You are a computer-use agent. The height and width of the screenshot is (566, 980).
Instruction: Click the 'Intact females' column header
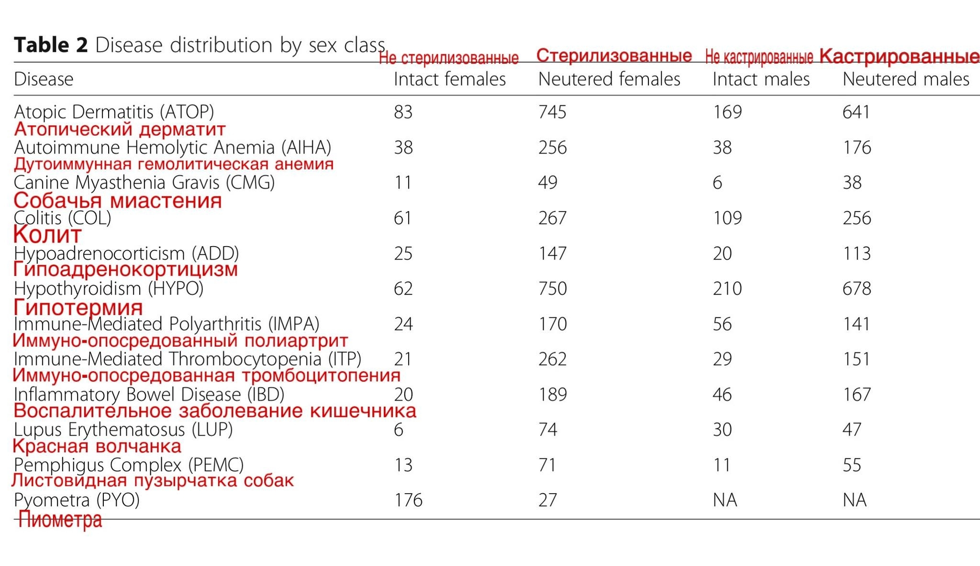(449, 79)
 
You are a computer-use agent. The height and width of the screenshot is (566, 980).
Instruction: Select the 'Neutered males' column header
(905, 79)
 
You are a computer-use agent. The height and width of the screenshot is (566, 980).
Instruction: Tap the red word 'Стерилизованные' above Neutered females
(614, 56)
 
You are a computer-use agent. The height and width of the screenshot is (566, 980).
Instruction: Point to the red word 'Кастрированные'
(899, 57)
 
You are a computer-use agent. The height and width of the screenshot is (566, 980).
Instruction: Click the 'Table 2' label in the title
(51, 45)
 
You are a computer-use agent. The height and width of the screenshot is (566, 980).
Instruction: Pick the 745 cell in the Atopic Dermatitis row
(552, 112)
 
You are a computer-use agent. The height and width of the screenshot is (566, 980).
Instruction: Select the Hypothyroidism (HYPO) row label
(109, 289)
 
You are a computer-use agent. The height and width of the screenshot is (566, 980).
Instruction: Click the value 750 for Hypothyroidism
(552, 289)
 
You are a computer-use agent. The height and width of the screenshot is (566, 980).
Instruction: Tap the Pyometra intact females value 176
(408, 500)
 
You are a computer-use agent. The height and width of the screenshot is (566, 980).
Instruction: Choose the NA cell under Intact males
(724, 500)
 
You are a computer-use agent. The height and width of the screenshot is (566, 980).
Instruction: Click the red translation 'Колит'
(47, 235)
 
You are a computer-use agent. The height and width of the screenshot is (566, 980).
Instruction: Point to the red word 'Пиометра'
(60, 520)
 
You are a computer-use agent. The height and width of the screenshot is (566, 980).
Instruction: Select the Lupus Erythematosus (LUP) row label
(123, 430)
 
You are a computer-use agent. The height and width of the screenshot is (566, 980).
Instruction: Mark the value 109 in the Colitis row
(727, 218)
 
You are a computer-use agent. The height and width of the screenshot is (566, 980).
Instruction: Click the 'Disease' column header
(44, 79)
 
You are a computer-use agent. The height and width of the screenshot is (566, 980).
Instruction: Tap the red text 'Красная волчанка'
(97, 446)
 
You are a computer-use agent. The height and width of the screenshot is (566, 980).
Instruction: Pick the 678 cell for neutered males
(857, 289)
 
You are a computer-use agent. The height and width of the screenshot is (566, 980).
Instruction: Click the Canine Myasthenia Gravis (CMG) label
(144, 182)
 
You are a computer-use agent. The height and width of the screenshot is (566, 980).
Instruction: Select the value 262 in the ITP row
(552, 359)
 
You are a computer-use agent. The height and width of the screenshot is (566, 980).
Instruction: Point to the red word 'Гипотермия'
(78, 307)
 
